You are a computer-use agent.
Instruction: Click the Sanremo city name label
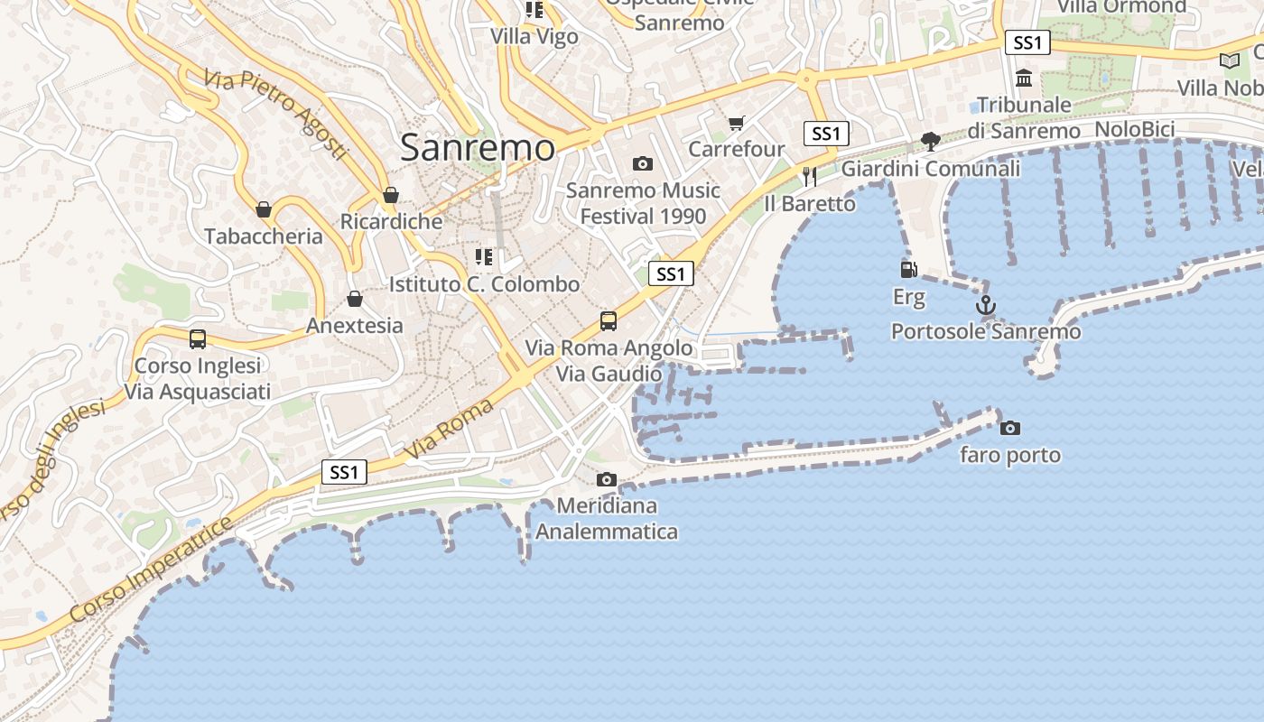(x=477, y=147)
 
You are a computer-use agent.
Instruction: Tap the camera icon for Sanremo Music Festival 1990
(x=643, y=163)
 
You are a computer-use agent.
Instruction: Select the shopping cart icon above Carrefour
(x=737, y=123)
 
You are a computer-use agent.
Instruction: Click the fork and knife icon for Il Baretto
(x=809, y=176)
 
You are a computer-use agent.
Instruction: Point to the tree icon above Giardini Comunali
(x=930, y=142)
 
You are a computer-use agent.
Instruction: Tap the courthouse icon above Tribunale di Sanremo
(x=1024, y=79)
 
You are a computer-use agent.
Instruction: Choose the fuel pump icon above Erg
(x=909, y=269)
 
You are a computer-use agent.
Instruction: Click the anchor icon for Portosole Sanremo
(x=986, y=305)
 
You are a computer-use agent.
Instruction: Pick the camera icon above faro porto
(x=1010, y=428)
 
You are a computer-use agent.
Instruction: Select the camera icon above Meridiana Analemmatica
(x=607, y=479)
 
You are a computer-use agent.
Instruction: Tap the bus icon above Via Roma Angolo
(x=609, y=321)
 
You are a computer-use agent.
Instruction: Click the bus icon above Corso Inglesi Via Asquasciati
(x=198, y=339)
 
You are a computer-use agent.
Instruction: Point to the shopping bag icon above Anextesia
(x=355, y=299)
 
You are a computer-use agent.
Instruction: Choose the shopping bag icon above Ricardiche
(x=391, y=195)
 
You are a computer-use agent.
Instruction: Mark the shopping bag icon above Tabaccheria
(x=264, y=209)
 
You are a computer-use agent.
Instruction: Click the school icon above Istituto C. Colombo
(x=484, y=257)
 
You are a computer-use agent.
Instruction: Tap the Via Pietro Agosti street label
(x=275, y=115)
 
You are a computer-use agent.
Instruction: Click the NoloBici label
(x=1134, y=129)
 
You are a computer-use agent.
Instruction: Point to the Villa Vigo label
(x=534, y=36)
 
